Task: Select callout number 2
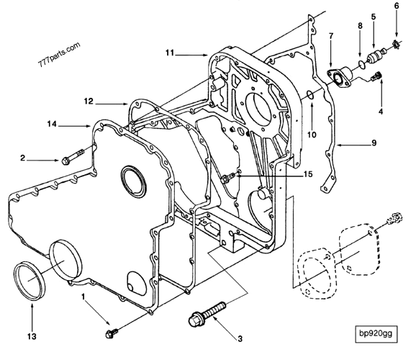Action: pyautogui.click(x=24, y=158)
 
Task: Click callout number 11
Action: pyautogui.click(x=169, y=53)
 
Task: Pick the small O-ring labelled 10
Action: pyautogui.click(x=310, y=96)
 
